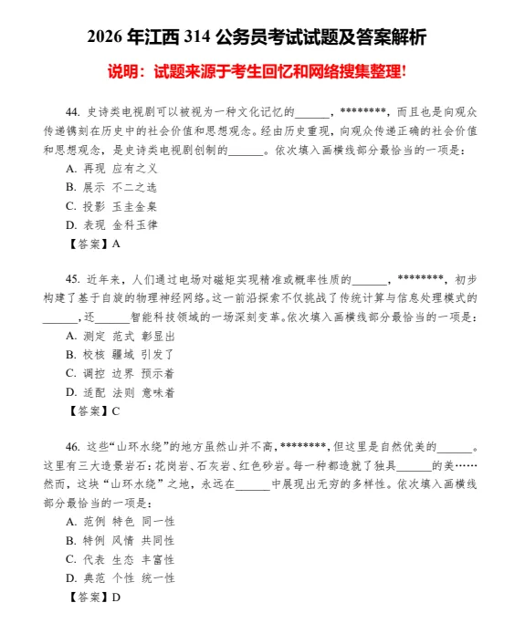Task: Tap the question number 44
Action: [75, 111]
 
